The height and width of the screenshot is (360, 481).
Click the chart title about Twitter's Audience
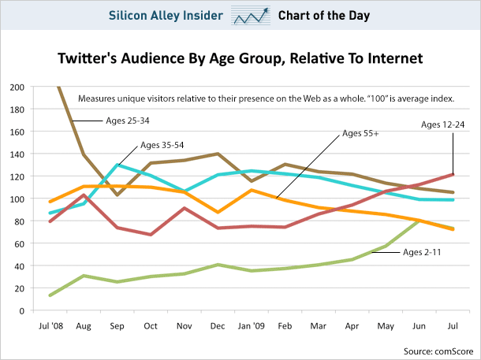point(240,58)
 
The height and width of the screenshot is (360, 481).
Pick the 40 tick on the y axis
point(17,265)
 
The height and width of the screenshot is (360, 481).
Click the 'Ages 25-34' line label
point(129,121)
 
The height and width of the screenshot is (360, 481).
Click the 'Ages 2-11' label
point(426,253)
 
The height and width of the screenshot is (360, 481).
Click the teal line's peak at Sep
point(117,165)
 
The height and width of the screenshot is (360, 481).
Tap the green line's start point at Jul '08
point(50,295)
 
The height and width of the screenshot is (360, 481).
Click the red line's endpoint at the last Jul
point(453,174)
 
